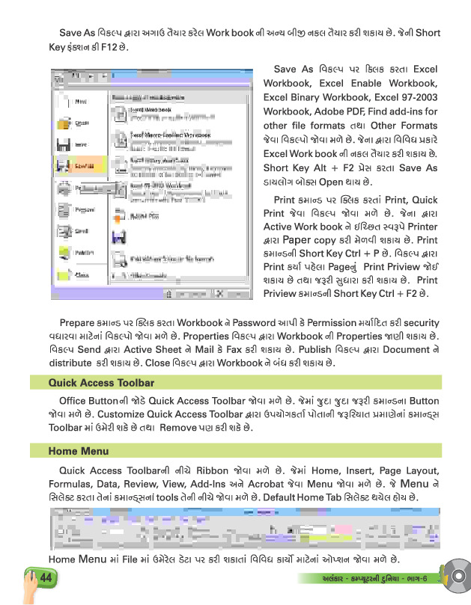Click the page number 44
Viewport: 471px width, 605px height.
tap(43, 578)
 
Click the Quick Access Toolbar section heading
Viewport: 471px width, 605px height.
tap(91, 382)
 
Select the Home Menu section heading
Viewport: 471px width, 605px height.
tap(79, 451)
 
